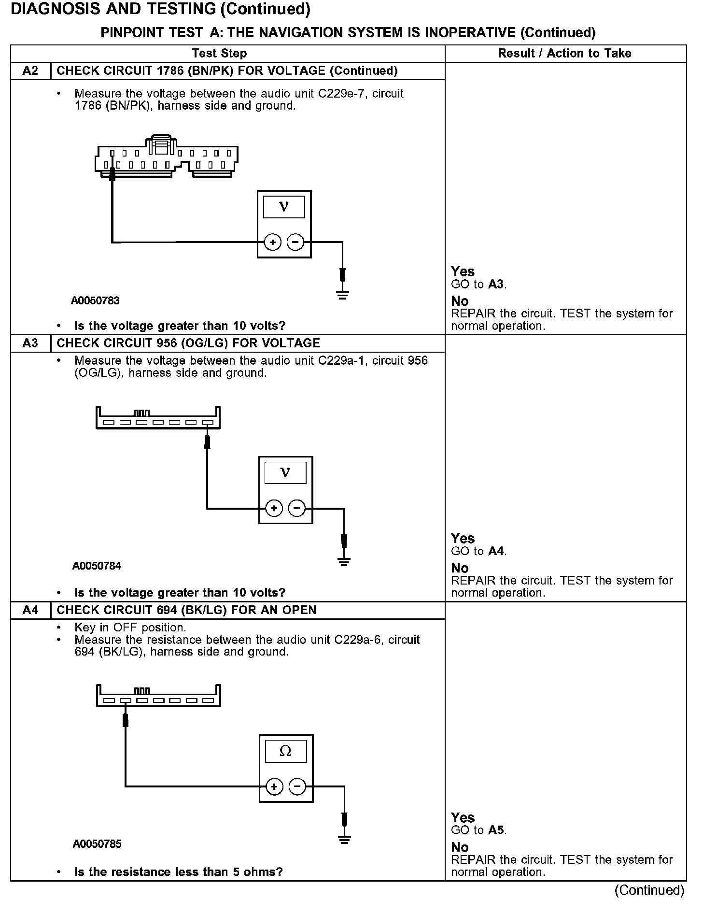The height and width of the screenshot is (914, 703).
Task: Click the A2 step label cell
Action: (x=30, y=71)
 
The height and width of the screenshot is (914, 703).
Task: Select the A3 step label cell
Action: (x=30, y=343)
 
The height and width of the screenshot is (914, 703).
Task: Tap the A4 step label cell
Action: (x=30, y=610)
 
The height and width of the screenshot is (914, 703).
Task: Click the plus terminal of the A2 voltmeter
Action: (x=273, y=242)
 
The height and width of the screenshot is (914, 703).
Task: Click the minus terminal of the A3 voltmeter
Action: (x=297, y=508)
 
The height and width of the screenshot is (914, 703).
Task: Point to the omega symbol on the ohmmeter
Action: (x=285, y=751)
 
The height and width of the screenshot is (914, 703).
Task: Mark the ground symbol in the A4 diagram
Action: (x=344, y=840)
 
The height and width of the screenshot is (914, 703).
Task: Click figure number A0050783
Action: (x=95, y=300)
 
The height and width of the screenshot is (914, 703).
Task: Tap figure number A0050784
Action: (x=97, y=566)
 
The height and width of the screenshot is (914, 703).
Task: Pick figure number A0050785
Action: (x=97, y=844)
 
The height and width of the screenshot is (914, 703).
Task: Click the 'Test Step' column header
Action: (x=219, y=53)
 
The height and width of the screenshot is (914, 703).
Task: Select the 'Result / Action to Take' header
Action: (x=564, y=53)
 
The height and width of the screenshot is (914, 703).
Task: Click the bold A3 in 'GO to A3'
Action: (x=496, y=284)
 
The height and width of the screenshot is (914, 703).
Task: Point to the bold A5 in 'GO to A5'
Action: (x=496, y=830)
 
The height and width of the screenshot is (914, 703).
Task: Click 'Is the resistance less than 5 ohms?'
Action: (x=178, y=872)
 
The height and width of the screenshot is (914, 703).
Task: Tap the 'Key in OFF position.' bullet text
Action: (x=130, y=628)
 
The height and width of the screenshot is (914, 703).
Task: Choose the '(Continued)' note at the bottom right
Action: (x=649, y=890)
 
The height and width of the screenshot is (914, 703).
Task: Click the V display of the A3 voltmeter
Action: (x=285, y=472)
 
